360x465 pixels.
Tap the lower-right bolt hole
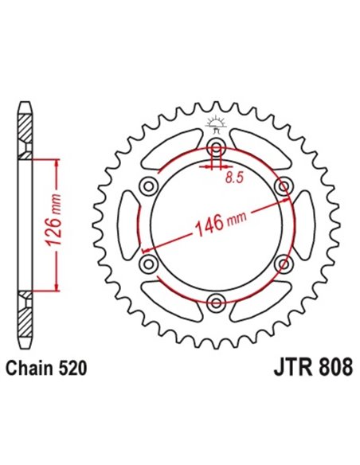coord(283,263)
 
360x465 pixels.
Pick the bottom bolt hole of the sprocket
coord(216,301)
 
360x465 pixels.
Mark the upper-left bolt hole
coord(148,186)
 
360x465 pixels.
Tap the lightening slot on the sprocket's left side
coord(127,225)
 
